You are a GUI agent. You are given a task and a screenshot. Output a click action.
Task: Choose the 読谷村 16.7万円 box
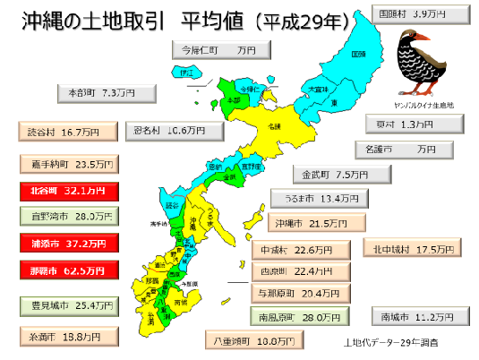tap(66, 132)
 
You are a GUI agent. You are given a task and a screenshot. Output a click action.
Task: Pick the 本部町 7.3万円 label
tap(107, 92)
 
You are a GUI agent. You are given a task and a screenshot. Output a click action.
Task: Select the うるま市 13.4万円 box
tap(321, 198)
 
